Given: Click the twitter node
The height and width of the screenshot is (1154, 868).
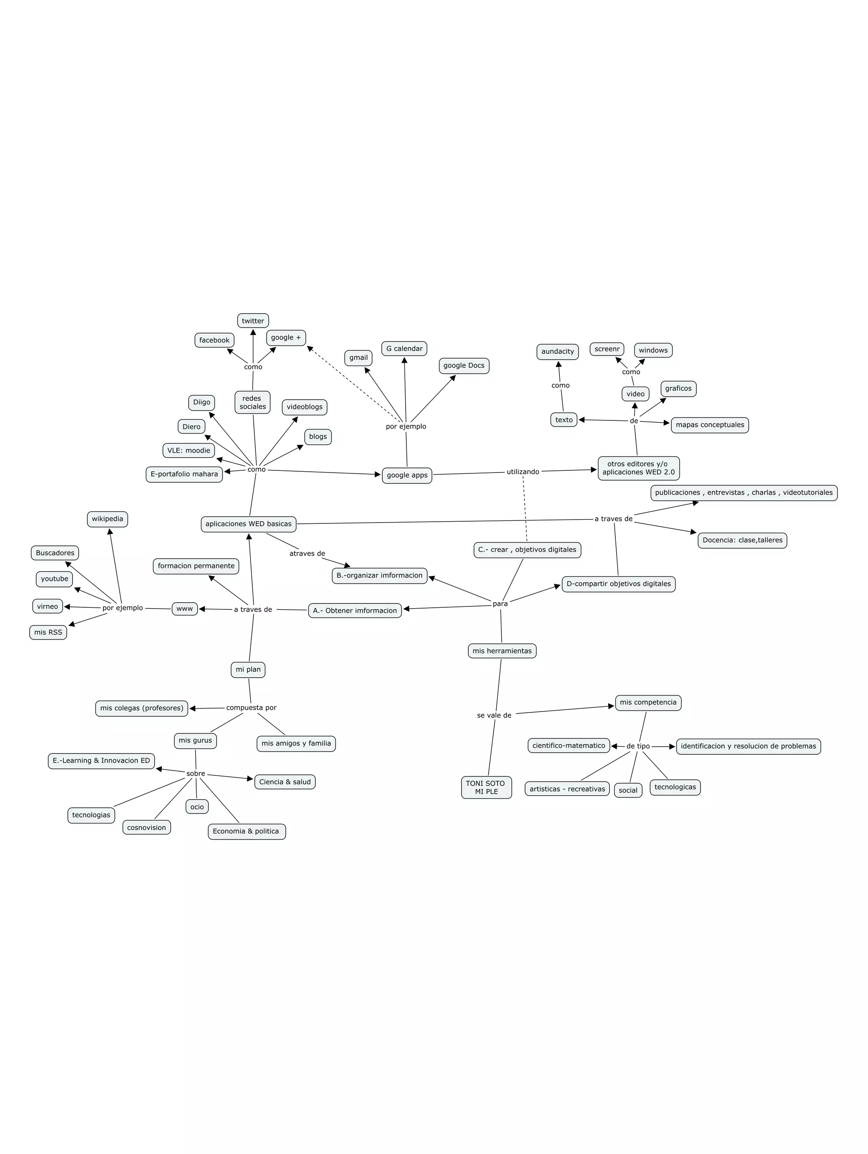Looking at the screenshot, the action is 253,321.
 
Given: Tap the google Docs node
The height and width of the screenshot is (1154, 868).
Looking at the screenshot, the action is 464,366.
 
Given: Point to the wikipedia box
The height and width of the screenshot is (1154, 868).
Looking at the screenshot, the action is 108,519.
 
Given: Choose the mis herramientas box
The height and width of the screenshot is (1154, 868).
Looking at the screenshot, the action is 502,651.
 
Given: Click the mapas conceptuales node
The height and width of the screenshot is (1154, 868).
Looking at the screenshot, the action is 709,425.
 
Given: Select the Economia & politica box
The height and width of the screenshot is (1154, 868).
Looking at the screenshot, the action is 246,831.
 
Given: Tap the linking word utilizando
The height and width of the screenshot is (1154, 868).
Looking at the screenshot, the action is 523,472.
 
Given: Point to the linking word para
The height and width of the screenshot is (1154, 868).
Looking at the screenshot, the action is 500,603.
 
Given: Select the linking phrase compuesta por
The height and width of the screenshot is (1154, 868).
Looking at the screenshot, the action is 251,707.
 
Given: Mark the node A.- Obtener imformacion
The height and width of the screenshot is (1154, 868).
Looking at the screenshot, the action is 355,610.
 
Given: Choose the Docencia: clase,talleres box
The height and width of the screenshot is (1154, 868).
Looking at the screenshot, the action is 742,540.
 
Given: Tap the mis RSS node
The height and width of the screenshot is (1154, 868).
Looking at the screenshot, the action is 48,632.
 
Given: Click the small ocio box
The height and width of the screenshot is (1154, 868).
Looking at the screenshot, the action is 197,806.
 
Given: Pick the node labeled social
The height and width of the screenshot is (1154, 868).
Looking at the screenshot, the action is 628,790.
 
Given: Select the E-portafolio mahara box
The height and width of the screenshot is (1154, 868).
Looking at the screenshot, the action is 184,474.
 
